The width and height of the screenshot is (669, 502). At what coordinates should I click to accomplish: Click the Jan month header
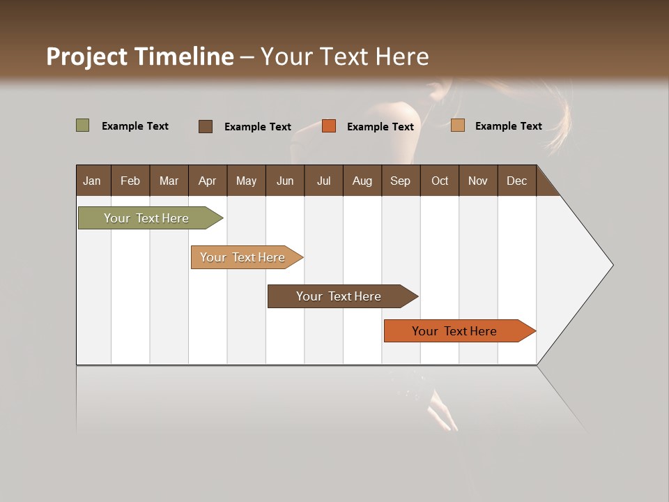92,181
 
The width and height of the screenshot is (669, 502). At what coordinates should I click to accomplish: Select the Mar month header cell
169,181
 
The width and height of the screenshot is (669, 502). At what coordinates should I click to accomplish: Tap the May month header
246,181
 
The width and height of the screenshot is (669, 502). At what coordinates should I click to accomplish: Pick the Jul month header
323,181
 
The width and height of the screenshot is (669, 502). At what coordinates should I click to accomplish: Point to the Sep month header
400,181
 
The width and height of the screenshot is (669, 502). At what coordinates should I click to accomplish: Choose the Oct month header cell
440,181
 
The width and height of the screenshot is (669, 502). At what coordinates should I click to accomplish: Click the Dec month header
516,181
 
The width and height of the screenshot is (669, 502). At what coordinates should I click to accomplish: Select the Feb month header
130,181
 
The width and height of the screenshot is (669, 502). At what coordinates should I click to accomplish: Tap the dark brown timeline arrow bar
341,296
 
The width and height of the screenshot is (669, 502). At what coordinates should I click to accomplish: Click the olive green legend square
83,125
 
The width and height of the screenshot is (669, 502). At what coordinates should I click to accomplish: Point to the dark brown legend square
206,126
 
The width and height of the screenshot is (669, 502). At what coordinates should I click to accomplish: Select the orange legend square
329,126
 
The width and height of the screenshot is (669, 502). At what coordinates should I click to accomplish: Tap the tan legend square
458,125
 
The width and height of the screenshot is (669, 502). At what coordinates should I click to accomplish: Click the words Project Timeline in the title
140,56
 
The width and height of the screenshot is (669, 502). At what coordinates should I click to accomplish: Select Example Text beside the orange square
380,127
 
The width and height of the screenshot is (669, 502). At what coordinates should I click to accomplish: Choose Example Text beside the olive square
134,126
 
